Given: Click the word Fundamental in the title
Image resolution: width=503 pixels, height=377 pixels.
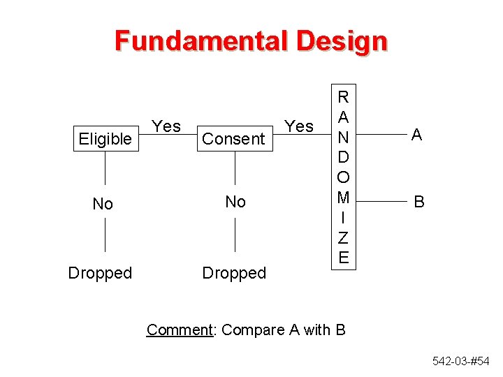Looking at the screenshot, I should (x=201, y=41).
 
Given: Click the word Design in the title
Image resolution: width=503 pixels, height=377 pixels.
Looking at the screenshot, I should (x=341, y=41).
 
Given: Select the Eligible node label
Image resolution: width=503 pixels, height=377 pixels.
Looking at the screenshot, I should (x=105, y=139).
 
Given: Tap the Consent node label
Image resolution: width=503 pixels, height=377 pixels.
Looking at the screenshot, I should (x=233, y=139).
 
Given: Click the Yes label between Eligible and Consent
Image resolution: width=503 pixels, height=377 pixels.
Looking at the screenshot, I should (x=166, y=126).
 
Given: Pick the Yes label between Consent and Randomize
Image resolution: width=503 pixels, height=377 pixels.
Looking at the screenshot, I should (x=300, y=126).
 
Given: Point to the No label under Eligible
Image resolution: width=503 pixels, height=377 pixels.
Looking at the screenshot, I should (x=103, y=204).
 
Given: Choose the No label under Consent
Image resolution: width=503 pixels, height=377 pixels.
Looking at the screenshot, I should (x=235, y=202).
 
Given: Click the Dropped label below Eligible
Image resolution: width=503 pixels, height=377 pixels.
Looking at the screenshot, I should (x=100, y=273).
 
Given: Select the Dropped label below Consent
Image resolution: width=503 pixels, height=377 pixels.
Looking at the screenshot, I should (x=234, y=273).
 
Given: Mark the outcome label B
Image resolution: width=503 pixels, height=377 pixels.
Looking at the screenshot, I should (x=419, y=202).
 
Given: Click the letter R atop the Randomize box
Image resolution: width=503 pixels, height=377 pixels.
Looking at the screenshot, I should (x=343, y=96).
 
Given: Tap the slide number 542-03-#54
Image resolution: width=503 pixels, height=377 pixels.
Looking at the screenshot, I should (x=462, y=361).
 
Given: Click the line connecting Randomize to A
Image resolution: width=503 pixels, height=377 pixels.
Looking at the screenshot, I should (x=378, y=135).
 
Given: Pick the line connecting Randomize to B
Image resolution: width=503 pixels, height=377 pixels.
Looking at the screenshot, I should (x=378, y=202).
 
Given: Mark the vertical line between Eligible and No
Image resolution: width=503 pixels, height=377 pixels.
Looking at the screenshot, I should (x=105, y=168).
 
